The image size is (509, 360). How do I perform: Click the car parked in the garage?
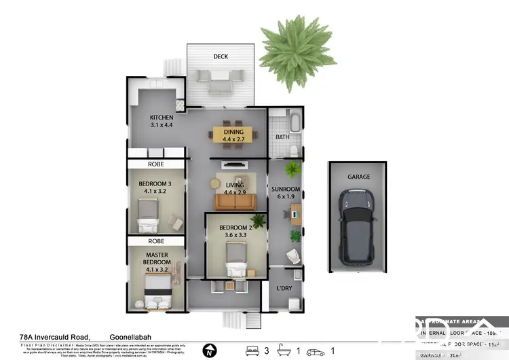(x=359, y=226)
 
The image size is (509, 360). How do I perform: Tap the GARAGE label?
(x=359, y=177)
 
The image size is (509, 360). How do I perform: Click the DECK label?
(x=221, y=56)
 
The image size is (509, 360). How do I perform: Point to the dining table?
(x=232, y=134)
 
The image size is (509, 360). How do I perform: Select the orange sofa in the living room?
(x=234, y=202)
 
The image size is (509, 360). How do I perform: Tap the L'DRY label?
(x=284, y=288)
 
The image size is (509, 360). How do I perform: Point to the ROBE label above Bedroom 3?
(x=156, y=164)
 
